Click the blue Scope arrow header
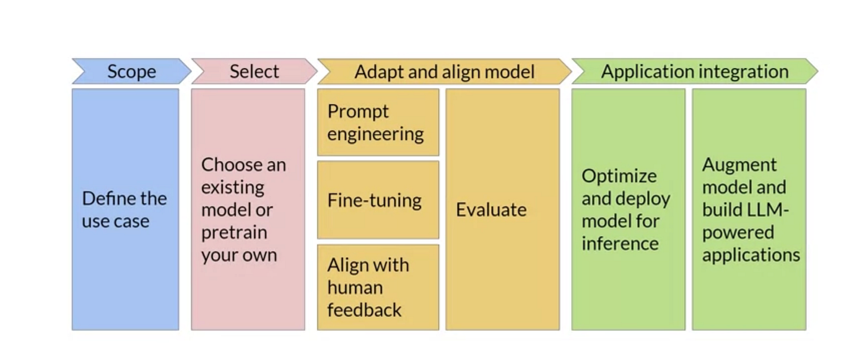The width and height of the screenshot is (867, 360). (131, 72)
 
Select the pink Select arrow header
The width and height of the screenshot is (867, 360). (254, 72)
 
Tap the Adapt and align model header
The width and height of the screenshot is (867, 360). (444, 72)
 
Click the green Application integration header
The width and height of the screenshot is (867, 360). (694, 72)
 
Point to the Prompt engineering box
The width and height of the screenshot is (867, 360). (378, 122)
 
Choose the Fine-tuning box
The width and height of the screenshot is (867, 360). (378, 200)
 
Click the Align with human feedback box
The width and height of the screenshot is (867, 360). (378, 287)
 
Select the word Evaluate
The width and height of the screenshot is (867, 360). (491, 209)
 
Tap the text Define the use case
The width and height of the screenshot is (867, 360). (124, 209)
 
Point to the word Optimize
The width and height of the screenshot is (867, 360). (619, 176)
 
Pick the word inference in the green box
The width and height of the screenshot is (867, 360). (620, 244)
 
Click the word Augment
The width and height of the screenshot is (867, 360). (739, 165)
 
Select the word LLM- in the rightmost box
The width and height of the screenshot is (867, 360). (767, 209)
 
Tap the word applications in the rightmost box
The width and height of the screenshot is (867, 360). (751, 255)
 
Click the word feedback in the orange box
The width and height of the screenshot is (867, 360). (364, 309)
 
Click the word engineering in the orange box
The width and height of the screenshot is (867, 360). (375, 134)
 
